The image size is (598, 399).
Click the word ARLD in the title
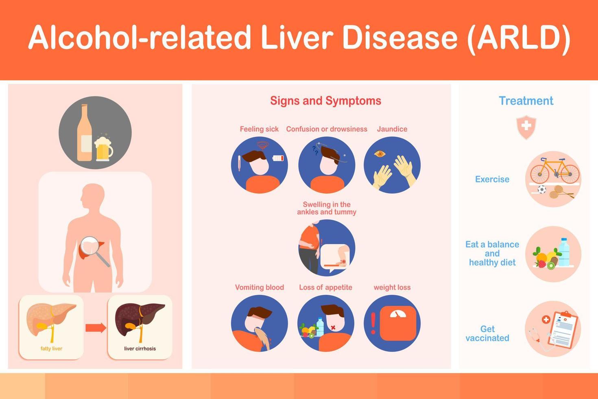[x=523, y=37]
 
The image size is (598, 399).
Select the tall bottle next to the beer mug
[x=84, y=133]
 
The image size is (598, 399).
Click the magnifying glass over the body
[x=94, y=250]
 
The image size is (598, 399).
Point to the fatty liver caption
[x=51, y=349]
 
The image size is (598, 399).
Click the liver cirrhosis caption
[x=140, y=349]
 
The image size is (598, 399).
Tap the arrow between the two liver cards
[x=96, y=328]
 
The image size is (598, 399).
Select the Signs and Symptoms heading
[x=326, y=101]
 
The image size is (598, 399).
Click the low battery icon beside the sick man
[x=278, y=158]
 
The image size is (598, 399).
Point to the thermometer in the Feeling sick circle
[x=239, y=163]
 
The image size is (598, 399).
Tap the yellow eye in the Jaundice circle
[x=380, y=153]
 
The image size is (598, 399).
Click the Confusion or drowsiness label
[x=327, y=129]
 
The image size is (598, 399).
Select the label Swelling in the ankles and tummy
[x=327, y=208]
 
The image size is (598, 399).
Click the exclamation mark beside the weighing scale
[x=373, y=323]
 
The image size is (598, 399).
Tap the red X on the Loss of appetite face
[x=333, y=327]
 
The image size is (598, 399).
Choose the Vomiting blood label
[x=260, y=287]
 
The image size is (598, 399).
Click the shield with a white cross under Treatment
[x=526, y=127]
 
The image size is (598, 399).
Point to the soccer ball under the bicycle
[x=542, y=189]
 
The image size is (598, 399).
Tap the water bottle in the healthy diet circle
[x=564, y=252]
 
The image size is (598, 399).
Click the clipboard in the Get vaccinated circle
[x=563, y=330]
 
